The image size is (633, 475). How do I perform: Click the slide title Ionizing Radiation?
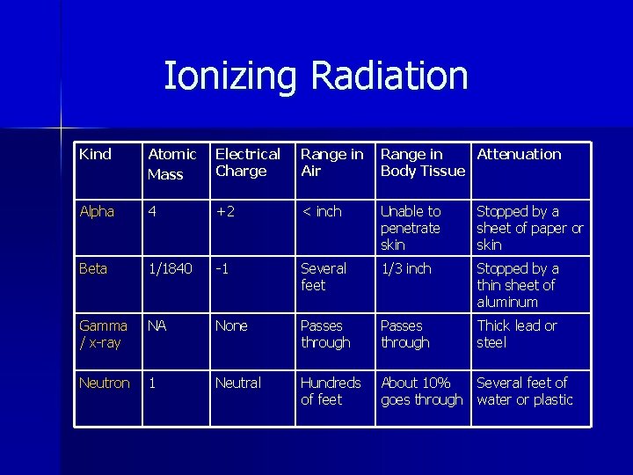[316, 77]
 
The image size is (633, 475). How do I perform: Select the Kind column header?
[95, 155]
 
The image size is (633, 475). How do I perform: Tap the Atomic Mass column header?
[171, 164]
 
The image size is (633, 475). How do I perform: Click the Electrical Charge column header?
[247, 163]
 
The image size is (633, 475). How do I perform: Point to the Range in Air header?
[331, 163]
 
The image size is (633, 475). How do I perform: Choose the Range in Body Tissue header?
[422, 163]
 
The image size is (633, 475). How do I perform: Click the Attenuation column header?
[519, 155]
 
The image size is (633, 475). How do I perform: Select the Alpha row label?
[97, 212]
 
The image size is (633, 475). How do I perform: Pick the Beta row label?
[93, 269]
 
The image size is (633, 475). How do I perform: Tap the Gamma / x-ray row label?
[103, 334]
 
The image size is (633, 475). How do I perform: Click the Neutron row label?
[104, 384]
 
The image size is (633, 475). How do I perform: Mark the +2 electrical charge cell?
[228, 212]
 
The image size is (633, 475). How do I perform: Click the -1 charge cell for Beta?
[224, 269]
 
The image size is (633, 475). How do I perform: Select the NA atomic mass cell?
[157, 326]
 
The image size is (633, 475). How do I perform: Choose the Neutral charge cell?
[238, 384]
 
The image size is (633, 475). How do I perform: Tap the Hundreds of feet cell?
[331, 391]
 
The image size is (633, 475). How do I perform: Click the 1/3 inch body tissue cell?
[405, 269]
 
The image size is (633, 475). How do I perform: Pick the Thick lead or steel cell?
[517, 334]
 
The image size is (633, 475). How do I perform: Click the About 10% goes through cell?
[421, 391]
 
